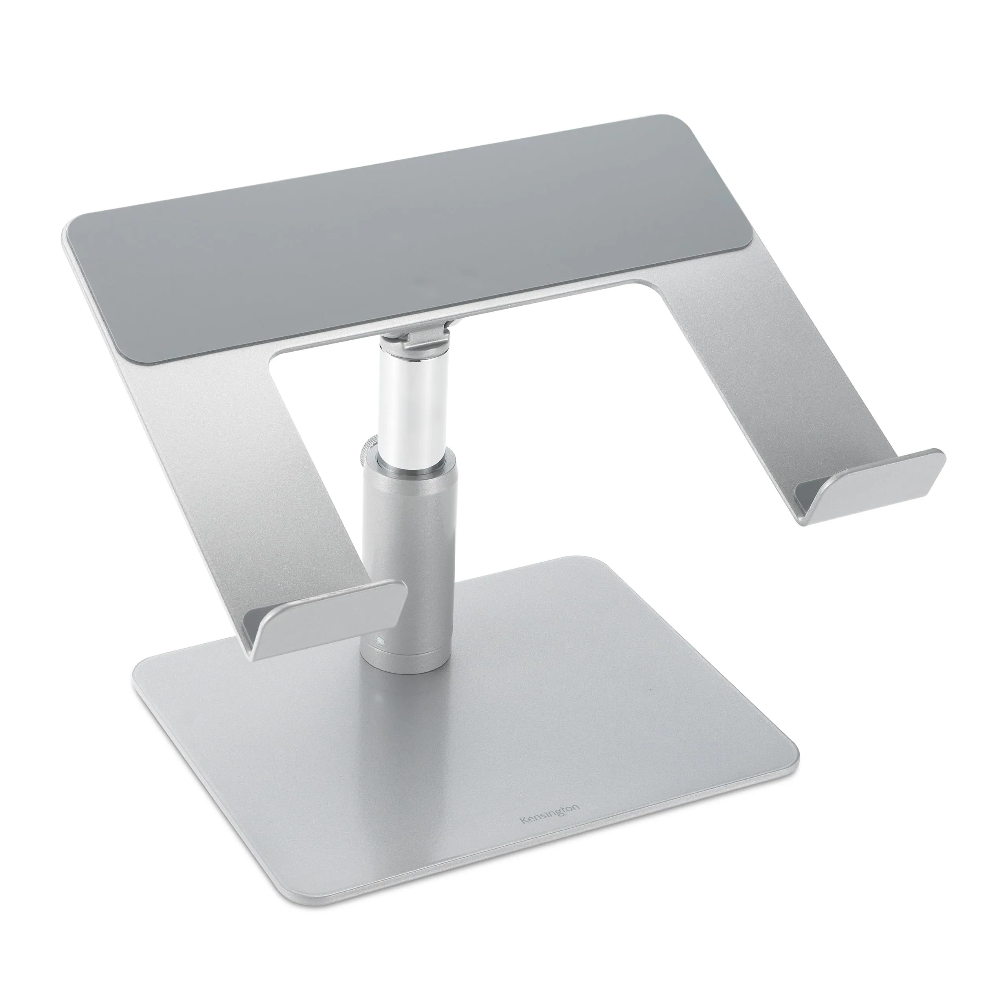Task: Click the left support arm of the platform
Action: click(234, 469)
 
